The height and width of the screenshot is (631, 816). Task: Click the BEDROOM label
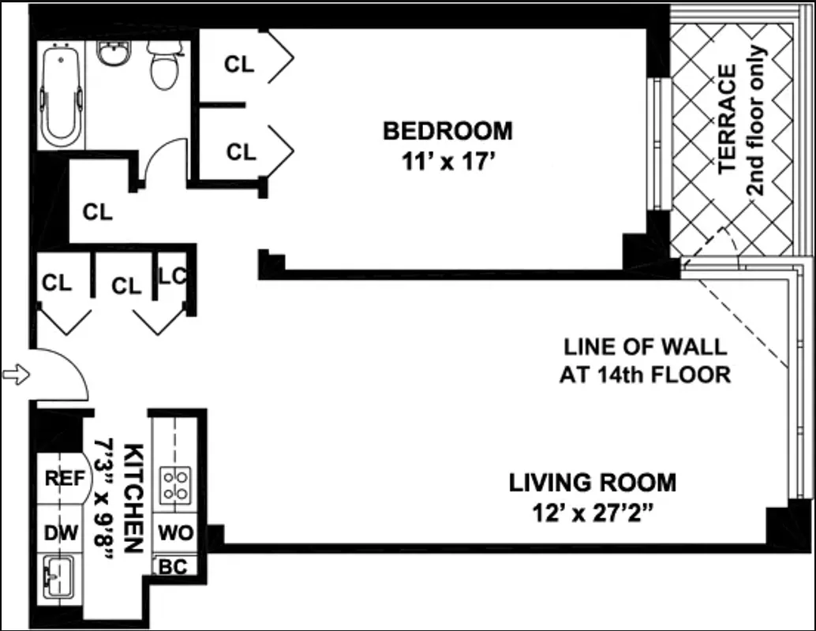click(x=447, y=130)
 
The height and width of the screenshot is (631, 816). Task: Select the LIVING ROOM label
click(x=592, y=481)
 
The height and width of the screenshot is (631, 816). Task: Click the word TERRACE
click(x=727, y=118)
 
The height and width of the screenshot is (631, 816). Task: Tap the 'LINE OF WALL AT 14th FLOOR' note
click(x=645, y=360)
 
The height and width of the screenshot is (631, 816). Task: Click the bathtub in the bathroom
click(x=62, y=97)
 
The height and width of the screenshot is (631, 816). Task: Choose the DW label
click(x=62, y=533)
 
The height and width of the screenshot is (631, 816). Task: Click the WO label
click(x=175, y=533)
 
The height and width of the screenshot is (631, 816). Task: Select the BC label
click(x=173, y=567)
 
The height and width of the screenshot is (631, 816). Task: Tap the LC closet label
click(x=173, y=276)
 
